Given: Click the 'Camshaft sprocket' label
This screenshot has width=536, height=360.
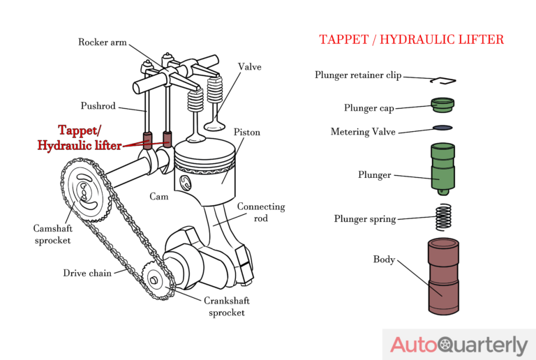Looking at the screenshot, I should coord(52,234).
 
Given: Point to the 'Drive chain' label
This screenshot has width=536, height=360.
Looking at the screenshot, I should coord(87,273).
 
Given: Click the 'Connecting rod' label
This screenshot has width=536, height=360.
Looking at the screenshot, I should coord(261,212).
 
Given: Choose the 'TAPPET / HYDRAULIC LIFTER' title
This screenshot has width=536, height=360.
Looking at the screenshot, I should coord(411,40).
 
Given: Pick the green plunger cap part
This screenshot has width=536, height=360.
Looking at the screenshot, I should coord(442,106).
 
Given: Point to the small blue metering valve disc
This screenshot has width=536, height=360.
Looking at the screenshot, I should coord(442,128).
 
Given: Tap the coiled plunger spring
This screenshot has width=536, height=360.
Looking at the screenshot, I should coord(443,216).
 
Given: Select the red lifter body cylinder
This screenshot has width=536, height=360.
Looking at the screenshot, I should coord(442,276).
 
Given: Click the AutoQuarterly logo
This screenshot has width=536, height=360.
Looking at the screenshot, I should coord(458,345).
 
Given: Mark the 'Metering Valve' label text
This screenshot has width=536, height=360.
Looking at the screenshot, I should coord(362,132).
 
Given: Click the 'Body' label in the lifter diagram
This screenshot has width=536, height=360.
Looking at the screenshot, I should coord(384,260).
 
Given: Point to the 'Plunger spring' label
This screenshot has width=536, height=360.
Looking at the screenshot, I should coord(365,219).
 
